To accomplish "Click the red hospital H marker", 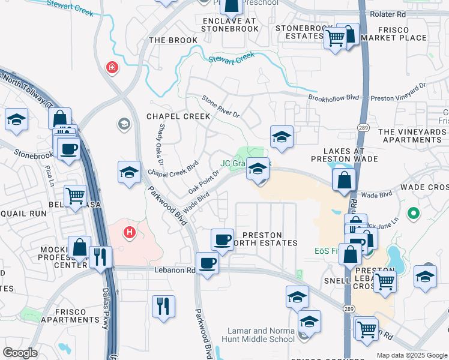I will pos(129,232).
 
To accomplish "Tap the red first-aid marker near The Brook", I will pos(111,68).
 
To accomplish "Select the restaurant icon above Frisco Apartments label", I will pos(163,306).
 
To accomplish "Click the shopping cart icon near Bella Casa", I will pos(76,196).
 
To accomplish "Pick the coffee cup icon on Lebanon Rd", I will pos(208,263).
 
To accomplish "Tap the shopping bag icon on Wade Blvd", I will pos(344,179).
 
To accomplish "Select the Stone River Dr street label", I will pos(220,106).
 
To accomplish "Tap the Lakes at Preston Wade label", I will pos(344,155).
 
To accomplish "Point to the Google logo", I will pos(20,353).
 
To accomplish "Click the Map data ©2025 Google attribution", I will pos(412,355).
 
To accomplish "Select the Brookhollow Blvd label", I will pos(333,97).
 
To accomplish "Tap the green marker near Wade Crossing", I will pos(412,212).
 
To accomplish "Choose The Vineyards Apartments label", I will pos(414,136).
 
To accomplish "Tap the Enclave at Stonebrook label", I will pos(229,24).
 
